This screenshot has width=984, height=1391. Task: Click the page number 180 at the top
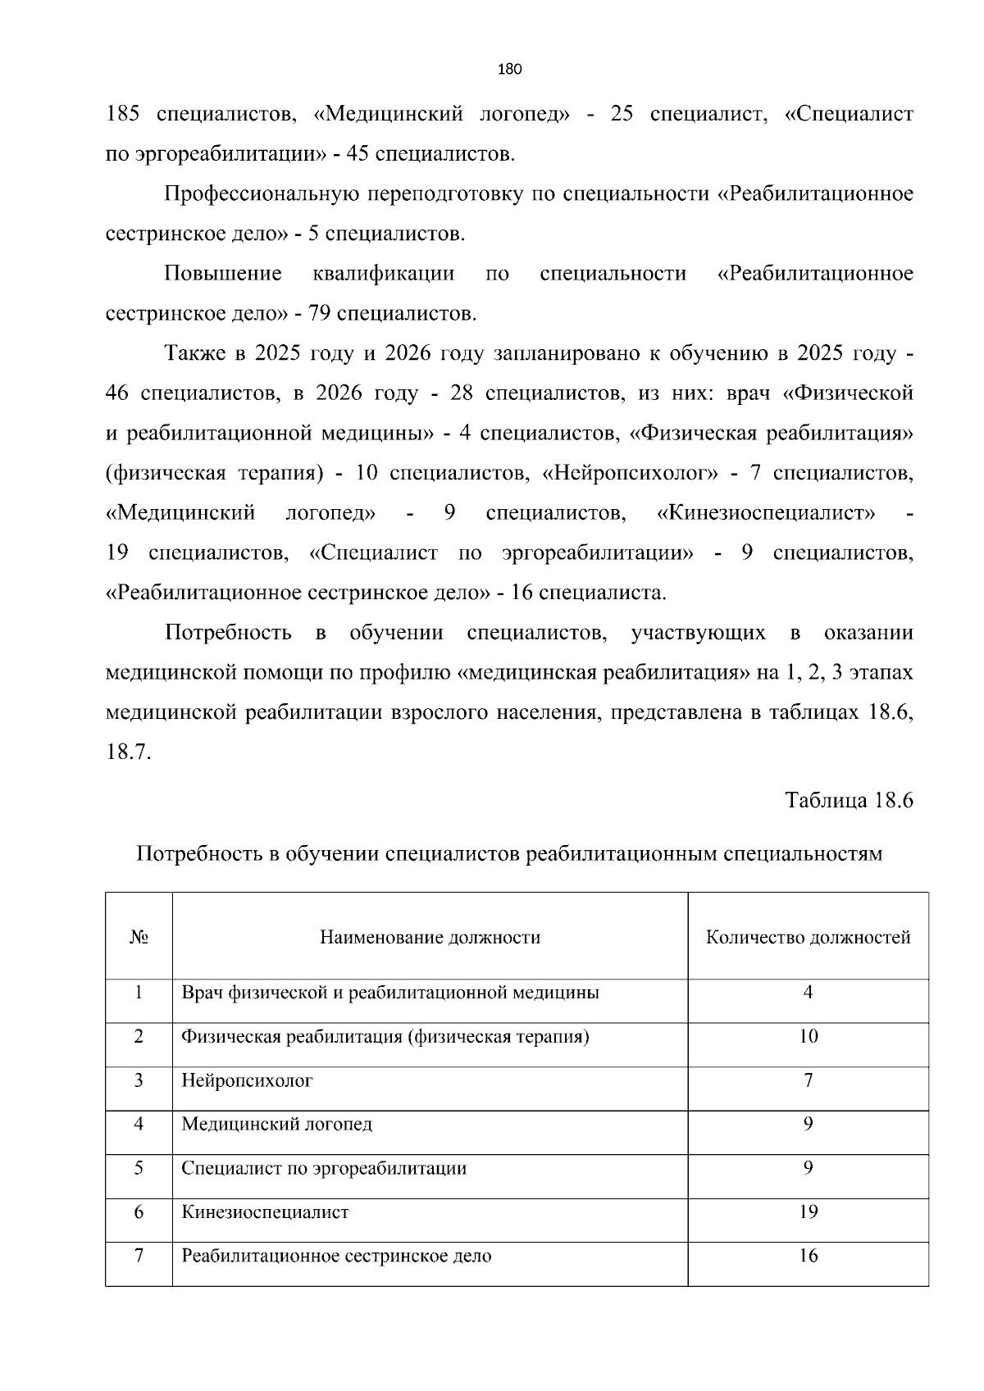[510, 69]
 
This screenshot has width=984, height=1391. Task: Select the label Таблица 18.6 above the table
[849, 800]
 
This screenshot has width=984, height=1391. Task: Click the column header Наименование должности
[430, 937]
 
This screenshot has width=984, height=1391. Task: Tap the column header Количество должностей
[808, 937]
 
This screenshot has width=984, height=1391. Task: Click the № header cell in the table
[139, 937]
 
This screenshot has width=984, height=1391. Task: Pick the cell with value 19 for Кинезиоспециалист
[808, 1211]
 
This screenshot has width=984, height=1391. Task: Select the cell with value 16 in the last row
[808, 1256]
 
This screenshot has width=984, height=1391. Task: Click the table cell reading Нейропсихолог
[247, 1080]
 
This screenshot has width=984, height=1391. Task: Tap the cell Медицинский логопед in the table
[276, 1124]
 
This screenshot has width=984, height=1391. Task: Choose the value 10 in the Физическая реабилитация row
[808, 1036]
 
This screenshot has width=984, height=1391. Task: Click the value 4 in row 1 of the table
[808, 993]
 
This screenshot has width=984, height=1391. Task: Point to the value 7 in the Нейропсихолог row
[808, 1080]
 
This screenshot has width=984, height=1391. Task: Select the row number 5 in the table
[139, 1168]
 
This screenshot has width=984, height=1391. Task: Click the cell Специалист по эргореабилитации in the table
[324, 1168]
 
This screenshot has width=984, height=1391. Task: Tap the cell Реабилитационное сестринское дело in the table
[336, 1256]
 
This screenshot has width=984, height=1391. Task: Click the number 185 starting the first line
[124, 114]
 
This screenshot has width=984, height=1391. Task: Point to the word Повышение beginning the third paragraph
[223, 274]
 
